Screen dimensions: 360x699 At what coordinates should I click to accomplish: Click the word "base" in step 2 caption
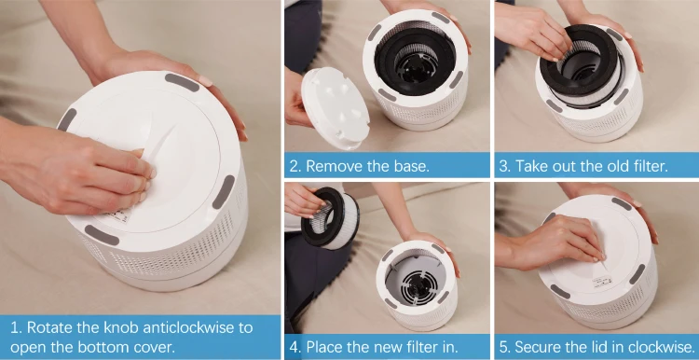coord(411,166)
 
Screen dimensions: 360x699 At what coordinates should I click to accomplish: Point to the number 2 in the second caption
coord(295,166)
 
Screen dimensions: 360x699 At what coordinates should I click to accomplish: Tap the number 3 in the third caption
coord(504,166)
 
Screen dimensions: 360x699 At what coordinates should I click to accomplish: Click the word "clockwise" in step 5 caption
coord(656,346)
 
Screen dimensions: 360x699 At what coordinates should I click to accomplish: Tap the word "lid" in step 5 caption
coord(603,346)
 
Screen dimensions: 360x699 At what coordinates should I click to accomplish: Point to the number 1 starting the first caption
coord(14,327)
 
